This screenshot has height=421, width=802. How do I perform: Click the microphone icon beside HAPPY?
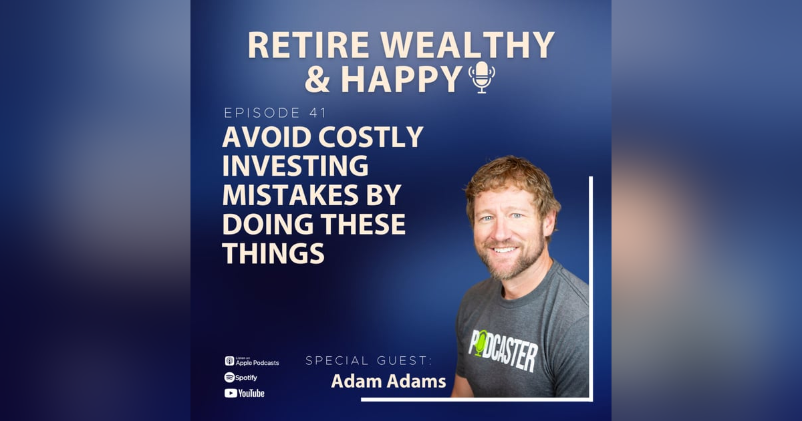coord(481,77)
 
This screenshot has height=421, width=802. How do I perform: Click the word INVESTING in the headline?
coord(295,166)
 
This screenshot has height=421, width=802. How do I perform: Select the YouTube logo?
coord(244,393)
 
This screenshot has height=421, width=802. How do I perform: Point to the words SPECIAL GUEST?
coord(368,361)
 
